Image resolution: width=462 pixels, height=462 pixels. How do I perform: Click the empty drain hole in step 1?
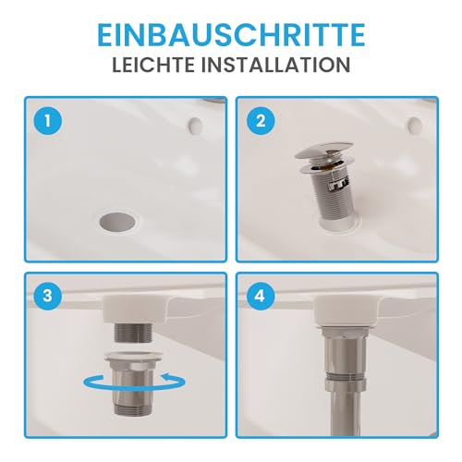[x=115, y=221]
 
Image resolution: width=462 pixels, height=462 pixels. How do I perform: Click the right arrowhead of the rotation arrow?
[x=169, y=377]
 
